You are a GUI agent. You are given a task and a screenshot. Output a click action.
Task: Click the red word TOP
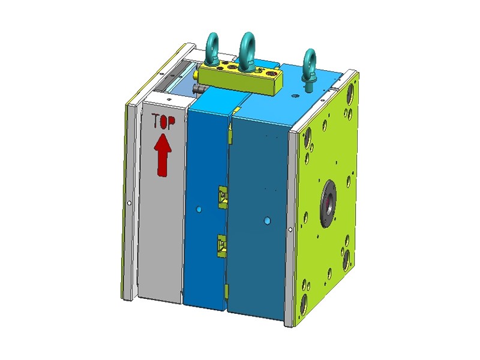164,121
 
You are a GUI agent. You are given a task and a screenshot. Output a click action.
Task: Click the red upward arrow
162,155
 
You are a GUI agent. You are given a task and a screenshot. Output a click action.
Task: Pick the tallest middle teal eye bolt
247,50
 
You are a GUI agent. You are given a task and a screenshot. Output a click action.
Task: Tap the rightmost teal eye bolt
310,70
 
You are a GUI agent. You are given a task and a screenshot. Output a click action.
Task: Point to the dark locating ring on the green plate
328,203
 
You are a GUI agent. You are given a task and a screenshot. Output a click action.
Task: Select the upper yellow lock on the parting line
223,197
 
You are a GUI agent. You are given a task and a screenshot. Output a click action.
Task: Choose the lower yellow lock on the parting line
221,245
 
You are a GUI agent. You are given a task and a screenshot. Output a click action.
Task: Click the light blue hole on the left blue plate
199,209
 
